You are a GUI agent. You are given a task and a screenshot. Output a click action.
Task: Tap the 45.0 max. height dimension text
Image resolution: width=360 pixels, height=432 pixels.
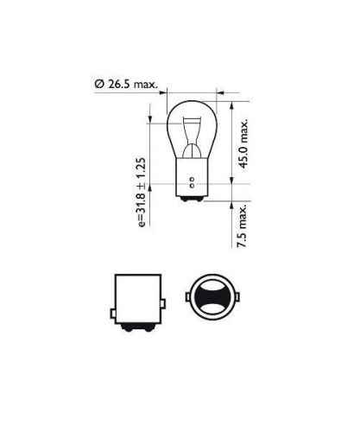pos(243,143)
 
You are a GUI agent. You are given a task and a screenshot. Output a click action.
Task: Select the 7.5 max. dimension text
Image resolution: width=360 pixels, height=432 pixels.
pos(242,226)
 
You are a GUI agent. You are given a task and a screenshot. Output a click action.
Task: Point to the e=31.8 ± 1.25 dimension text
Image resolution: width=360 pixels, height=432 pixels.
pos(142,192)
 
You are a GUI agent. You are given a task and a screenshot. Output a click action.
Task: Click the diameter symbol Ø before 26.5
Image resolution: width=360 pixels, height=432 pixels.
pos(99,84)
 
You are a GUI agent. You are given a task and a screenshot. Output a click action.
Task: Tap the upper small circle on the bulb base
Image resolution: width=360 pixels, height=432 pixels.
pos(192,180)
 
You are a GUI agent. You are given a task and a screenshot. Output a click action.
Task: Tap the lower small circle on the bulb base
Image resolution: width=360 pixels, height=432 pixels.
pos(192,186)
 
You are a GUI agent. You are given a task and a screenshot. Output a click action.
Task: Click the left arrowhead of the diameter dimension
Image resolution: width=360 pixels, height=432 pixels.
pos(163,92)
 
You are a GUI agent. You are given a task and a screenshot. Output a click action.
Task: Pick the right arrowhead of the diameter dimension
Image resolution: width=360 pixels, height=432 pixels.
pos(220,92)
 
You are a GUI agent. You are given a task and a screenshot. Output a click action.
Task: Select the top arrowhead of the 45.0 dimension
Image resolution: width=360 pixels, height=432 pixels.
pos(231,105)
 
